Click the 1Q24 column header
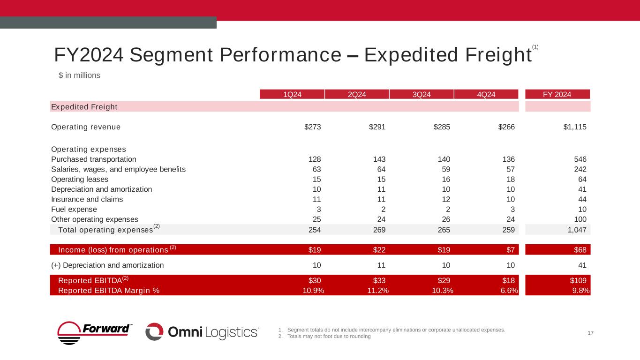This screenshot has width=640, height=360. (x=292, y=94)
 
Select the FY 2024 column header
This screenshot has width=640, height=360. (x=557, y=94)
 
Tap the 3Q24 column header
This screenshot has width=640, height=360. (x=422, y=94)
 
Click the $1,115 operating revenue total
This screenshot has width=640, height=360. (x=574, y=127)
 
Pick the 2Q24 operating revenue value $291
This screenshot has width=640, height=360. (x=377, y=127)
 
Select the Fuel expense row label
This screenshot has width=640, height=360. (x=74, y=209)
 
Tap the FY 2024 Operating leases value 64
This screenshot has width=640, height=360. (x=582, y=179)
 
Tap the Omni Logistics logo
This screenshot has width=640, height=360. (x=202, y=332)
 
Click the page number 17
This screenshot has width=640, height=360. (x=591, y=333)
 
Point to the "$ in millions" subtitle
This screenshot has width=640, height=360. (x=79, y=75)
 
